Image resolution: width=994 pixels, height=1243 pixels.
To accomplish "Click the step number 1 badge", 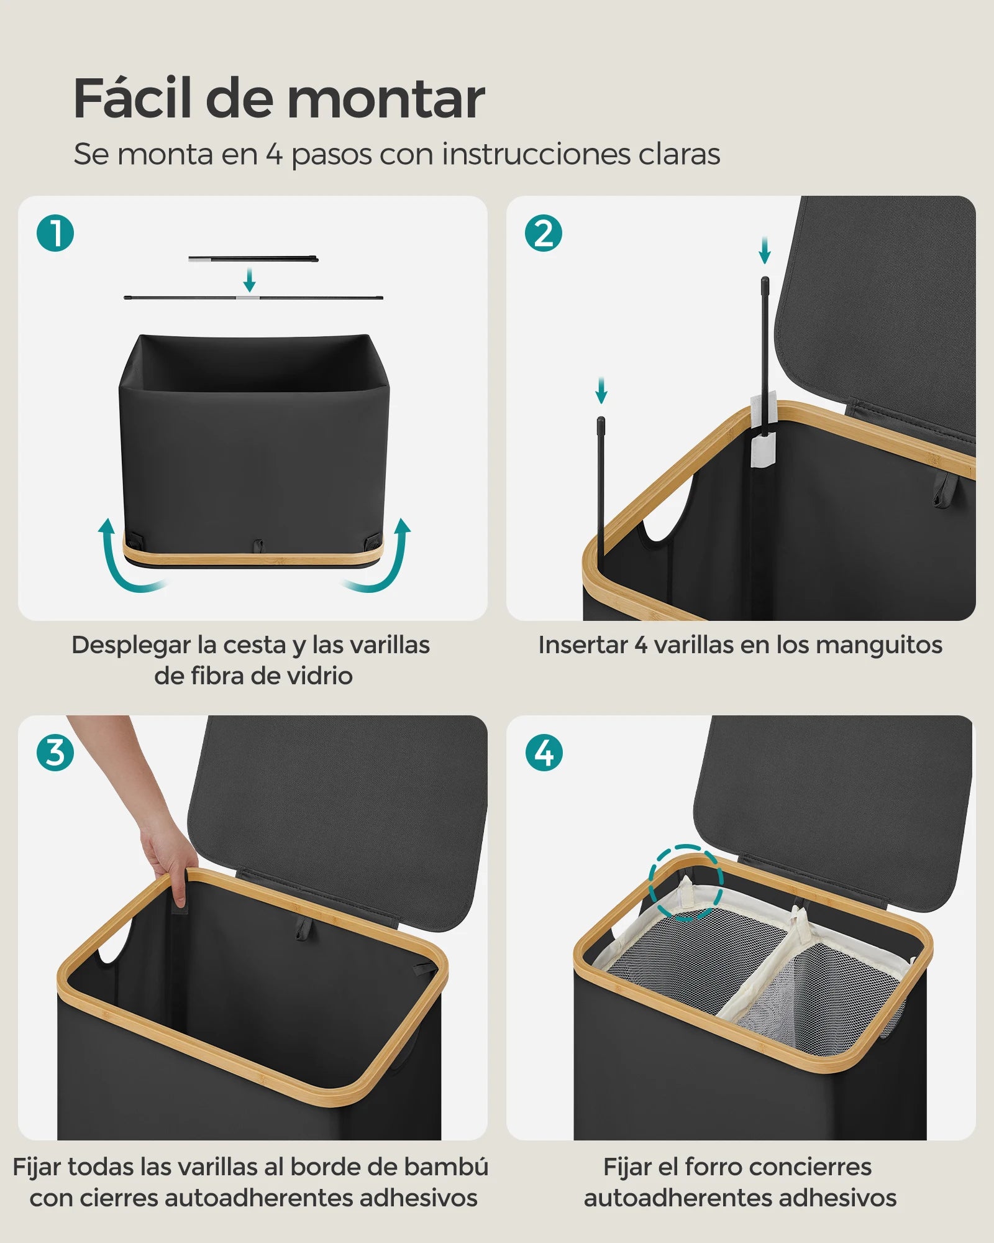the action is [55, 234].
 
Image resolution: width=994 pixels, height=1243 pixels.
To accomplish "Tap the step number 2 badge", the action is [544, 234].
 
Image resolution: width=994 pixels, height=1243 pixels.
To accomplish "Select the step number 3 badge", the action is [55, 753].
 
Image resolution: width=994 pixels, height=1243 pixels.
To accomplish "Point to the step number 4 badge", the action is [544, 753].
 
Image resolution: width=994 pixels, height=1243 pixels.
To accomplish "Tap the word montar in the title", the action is [386, 99].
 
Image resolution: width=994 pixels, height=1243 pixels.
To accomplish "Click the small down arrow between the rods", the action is [249, 280].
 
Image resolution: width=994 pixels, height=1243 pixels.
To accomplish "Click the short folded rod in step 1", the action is [253, 259].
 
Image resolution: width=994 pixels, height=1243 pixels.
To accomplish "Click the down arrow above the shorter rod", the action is [601, 390].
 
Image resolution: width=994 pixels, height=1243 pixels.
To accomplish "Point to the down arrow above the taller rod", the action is [765, 250].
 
